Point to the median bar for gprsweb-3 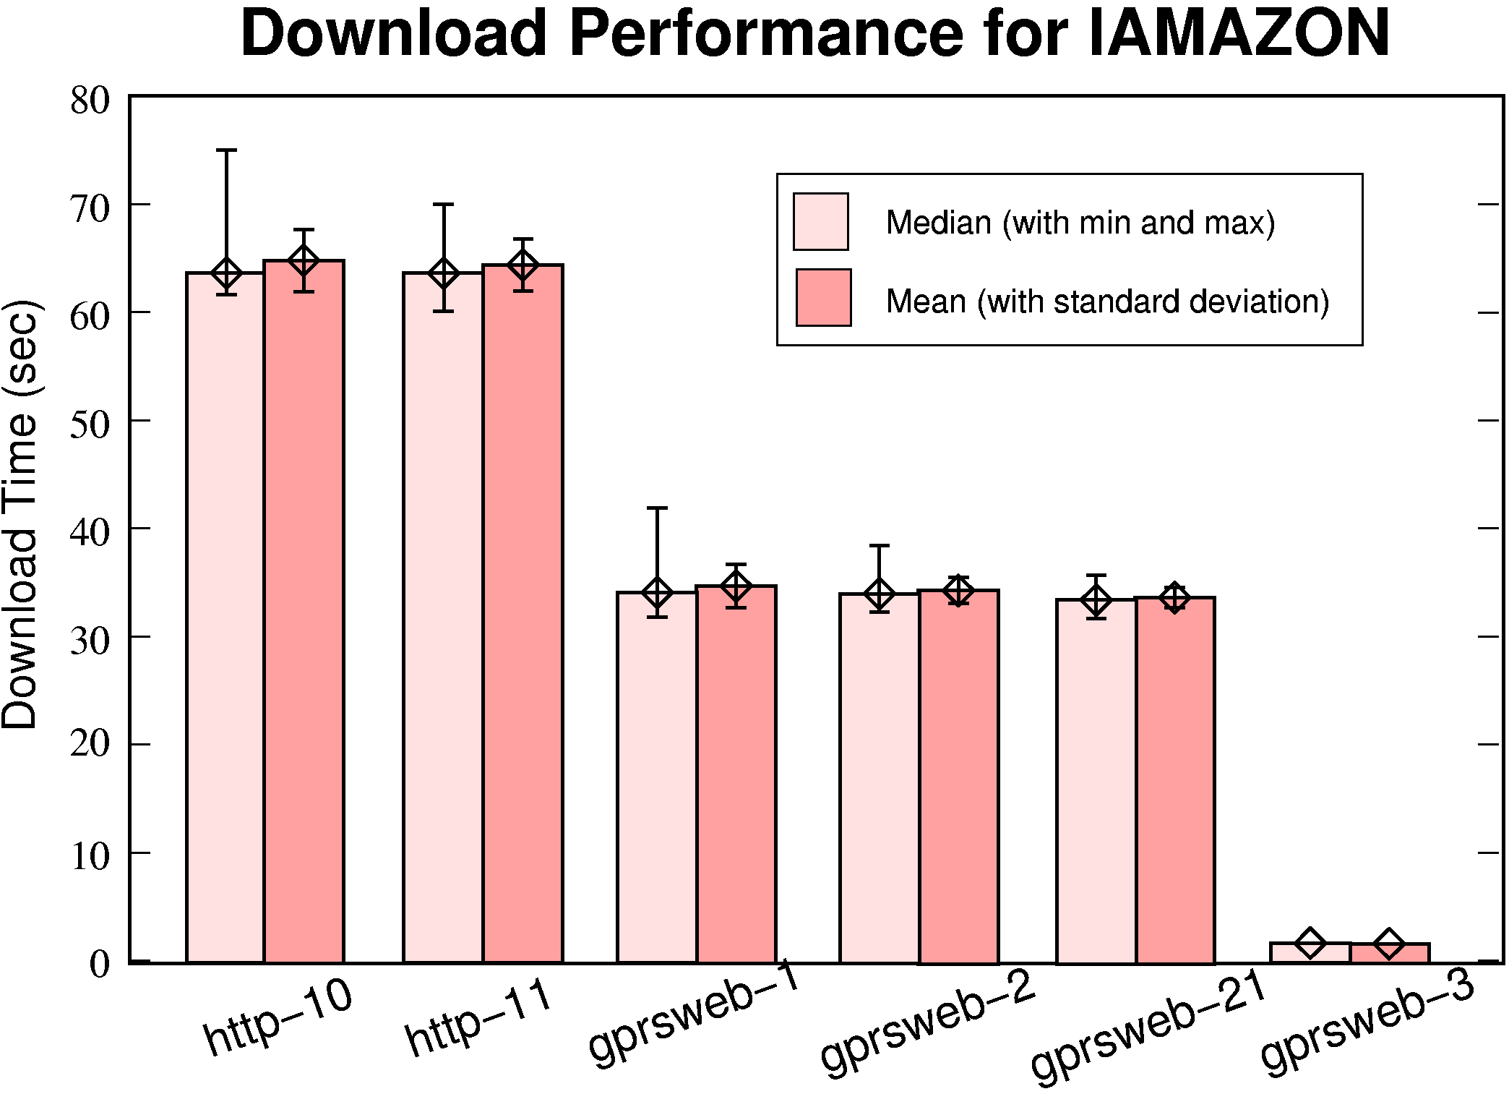[x=1310, y=952]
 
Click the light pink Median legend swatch [x=820, y=221]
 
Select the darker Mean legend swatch [x=823, y=298]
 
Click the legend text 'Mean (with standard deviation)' [x=1107, y=302]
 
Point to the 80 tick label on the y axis [x=90, y=101]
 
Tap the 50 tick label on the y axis [x=90, y=424]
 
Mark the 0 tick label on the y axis [x=100, y=964]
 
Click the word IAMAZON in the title [x=1237, y=33]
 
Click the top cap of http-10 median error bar [x=226, y=150]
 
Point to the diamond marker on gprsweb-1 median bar [x=657, y=593]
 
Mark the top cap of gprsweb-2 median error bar [x=879, y=546]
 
